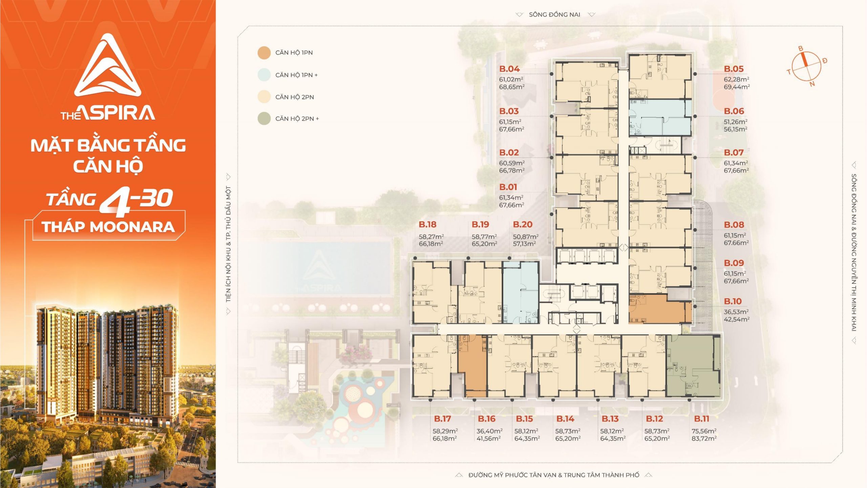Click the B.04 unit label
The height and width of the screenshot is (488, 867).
(x=509, y=69)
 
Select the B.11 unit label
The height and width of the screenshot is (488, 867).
(x=701, y=419)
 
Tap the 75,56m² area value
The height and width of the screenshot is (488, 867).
(x=704, y=431)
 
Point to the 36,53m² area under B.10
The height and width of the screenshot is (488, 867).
(x=736, y=312)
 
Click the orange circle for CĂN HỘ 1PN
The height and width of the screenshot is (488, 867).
(x=264, y=53)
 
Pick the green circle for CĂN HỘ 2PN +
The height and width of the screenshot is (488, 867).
(x=264, y=119)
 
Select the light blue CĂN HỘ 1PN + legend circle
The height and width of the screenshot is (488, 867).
(x=264, y=75)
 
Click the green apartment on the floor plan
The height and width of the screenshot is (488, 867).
(x=693, y=366)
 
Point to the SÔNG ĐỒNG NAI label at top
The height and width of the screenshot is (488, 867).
(x=554, y=15)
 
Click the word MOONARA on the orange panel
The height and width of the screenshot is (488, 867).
(x=132, y=227)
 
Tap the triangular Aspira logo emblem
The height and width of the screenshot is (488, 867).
(x=108, y=65)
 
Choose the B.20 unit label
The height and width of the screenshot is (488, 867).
(x=523, y=224)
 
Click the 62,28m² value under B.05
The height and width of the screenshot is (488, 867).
(x=736, y=79)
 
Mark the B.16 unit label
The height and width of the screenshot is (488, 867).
(x=487, y=419)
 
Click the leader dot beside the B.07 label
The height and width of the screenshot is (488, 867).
(x=695, y=158)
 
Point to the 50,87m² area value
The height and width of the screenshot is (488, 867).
(x=526, y=237)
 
